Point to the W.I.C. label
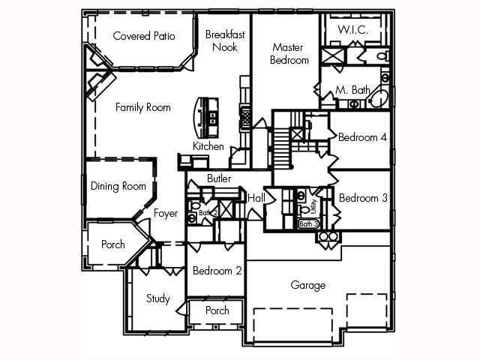(x=351, y=29)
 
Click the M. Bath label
(x=352, y=90)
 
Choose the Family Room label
(x=142, y=107)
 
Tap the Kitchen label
(x=208, y=146)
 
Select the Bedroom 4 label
(x=362, y=137)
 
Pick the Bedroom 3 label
(x=362, y=199)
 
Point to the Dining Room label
(x=118, y=186)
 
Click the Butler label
(x=219, y=178)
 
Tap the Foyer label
(x=166, y=214)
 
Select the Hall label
(x=256, y=198)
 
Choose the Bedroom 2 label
(x=217, y=271)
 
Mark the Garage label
(x=308, y=285)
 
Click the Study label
(x=157, y=298)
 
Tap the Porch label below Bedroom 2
(x=217, y=310)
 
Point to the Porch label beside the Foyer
(x=113, y=244)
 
